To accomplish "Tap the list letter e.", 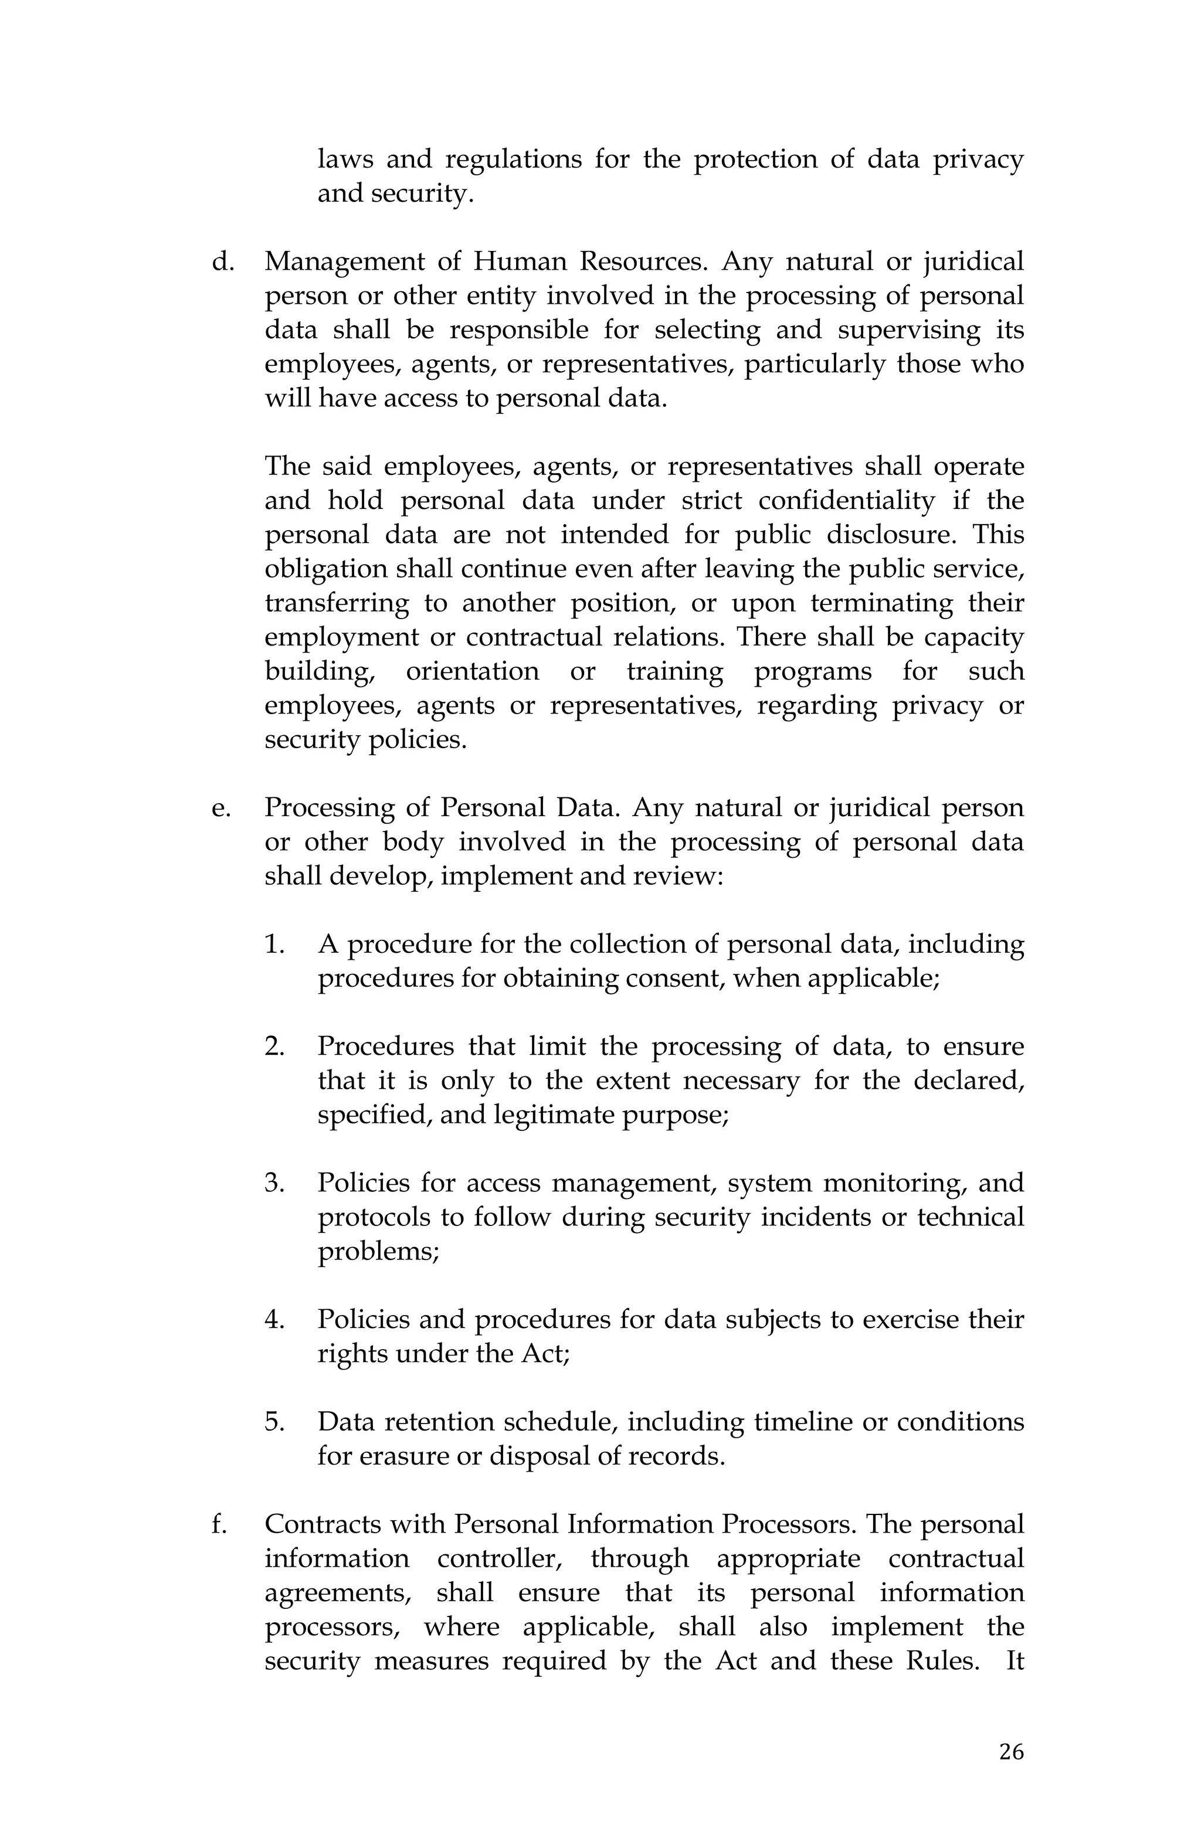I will pos(220,809).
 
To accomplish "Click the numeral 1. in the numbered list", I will pos(275,945).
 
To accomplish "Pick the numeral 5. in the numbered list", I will pos(275,1422).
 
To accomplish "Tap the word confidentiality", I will pos(846,501).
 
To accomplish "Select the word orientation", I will pos(473,671).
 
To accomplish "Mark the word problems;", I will pos(378,1251).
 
